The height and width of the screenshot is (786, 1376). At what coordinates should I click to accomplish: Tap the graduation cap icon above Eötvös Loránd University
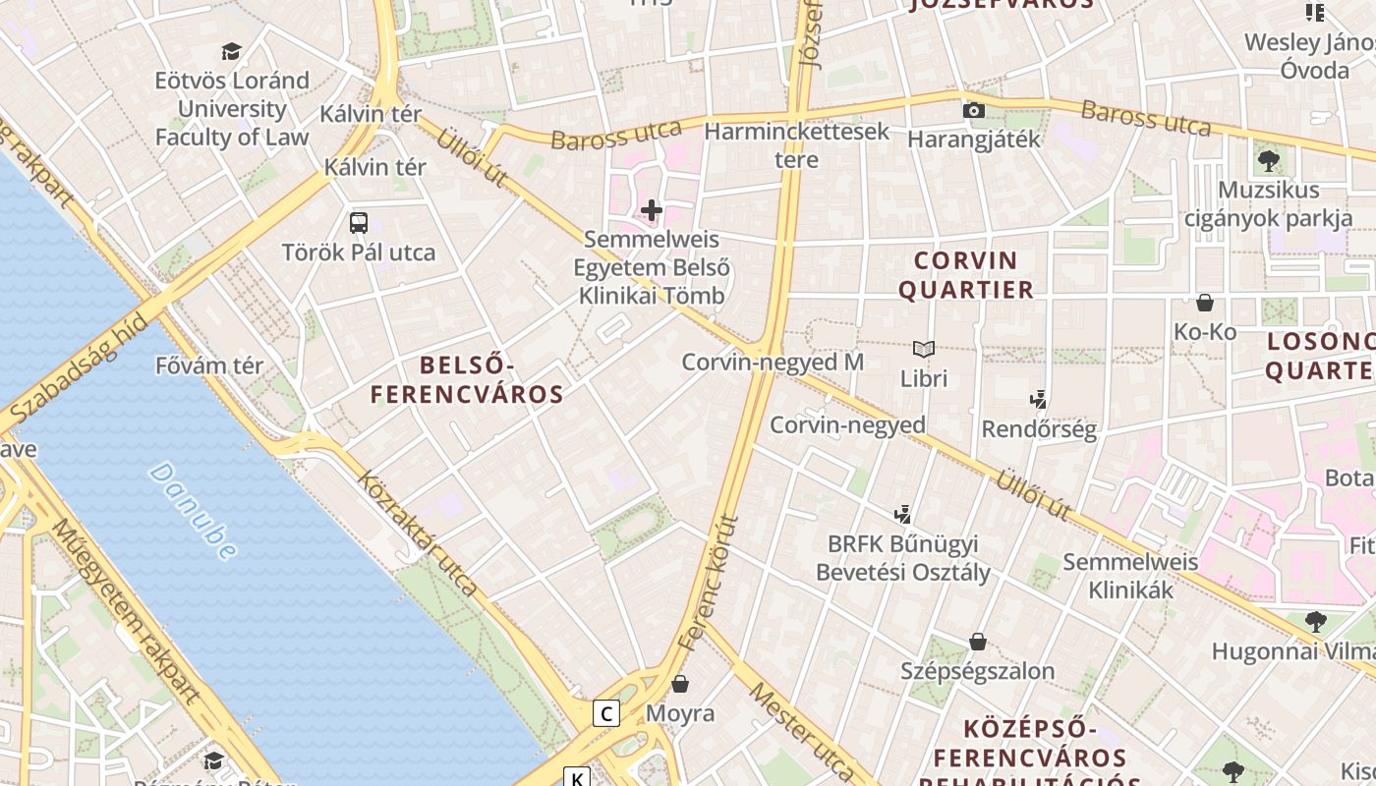pos(232,51)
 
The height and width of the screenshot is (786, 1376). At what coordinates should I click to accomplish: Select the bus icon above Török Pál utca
pos(359,223)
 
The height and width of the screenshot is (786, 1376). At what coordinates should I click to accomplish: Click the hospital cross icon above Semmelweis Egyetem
pos(651,210)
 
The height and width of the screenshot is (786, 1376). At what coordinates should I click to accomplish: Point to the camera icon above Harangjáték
pos(973,110)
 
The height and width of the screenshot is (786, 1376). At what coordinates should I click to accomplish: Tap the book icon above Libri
pos(924,349)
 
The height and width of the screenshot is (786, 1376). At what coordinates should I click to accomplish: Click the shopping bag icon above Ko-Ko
pos(1205,303)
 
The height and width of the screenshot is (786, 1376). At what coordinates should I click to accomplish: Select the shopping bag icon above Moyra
pos(680,684)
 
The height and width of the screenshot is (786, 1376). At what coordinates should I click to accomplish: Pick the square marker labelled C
pos(606,713)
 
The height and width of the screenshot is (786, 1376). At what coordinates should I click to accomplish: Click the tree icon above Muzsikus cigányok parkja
pos(1268,161)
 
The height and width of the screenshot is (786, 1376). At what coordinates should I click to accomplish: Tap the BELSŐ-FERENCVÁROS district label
pos(467,380)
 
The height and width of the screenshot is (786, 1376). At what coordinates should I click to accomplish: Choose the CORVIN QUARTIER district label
pos(966,275)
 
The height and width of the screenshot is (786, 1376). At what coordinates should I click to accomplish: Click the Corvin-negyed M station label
pos(773,362)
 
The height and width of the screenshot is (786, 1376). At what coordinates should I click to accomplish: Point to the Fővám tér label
pos(209,365)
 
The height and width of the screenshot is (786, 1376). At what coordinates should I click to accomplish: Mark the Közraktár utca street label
pos(418,534)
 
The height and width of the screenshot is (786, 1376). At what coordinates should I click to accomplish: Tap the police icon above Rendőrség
pos(1038,400)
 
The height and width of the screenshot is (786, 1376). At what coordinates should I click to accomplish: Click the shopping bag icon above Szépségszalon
pos(978,642)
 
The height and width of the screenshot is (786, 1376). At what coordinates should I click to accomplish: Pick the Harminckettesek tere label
pos(797,144)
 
